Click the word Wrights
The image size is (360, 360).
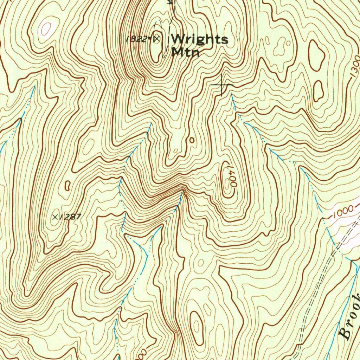[x=199, y=39]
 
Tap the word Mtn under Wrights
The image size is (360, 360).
[x=186, y=52]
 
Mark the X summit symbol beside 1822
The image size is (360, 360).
[x=157, y=38]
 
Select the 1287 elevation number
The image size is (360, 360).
[x=71, y=217]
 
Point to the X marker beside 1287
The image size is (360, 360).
[x=56, y=217]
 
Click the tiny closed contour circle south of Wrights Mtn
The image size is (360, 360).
[x=192, y=140]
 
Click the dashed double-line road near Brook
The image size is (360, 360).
[x=316, y=299]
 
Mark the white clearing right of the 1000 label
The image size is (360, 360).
[x=348, y=229]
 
